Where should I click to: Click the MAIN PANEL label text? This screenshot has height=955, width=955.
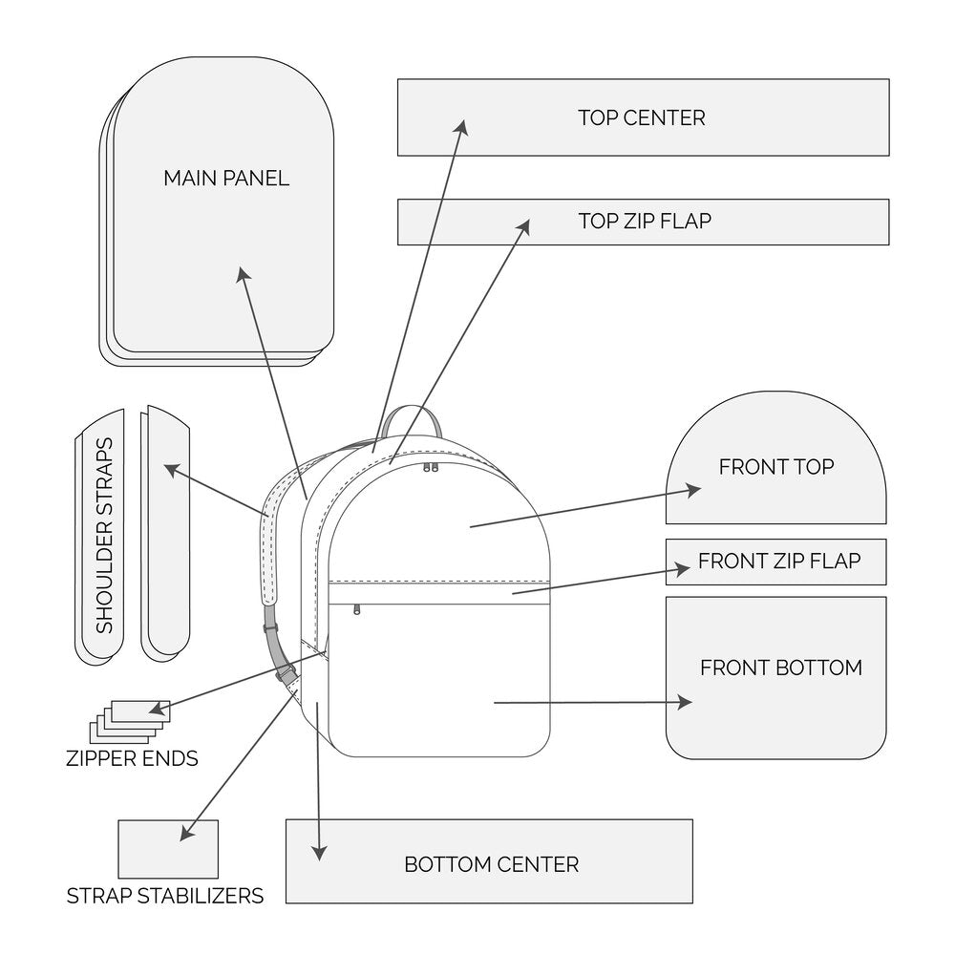pos(225,179)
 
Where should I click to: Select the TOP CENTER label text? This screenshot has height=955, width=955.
pos(641,117)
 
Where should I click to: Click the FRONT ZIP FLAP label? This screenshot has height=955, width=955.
pos(778,561)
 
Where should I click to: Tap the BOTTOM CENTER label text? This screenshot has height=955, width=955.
pos(491,865)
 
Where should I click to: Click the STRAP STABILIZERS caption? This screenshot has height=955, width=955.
pos(164,897)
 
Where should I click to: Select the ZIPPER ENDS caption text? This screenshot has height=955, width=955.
pos(132,760)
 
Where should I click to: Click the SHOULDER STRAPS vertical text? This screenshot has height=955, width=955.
pos(104,535)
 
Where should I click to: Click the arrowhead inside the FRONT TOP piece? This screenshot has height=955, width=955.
pos(695,489)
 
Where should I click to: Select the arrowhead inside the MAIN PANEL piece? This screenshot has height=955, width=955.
pos(242,273)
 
